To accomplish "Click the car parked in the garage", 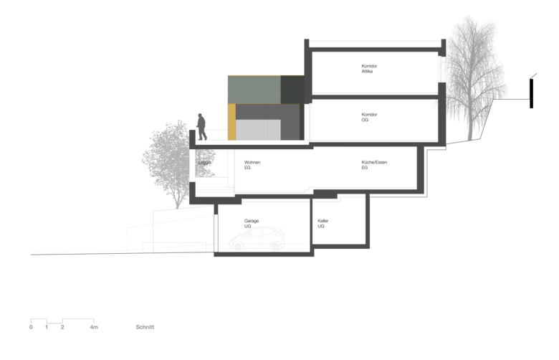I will [x=256, y=240].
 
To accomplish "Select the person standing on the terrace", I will [x=202, y=127].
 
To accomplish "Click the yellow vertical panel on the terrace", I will [x=231, y=121].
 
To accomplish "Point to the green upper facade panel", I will [x=254, y=88].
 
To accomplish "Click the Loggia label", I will [x=204, y=162].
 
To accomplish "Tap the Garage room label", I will [x=251, y=222].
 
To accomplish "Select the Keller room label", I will [x=321, y=223].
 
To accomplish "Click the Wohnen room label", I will [x=252, y=164].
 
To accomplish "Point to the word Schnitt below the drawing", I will [x=145, y=327].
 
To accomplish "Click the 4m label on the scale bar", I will [x=95, y=327].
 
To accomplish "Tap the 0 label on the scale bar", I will [x=31, y=327].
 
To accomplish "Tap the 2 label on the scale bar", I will [x=62, y=327].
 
